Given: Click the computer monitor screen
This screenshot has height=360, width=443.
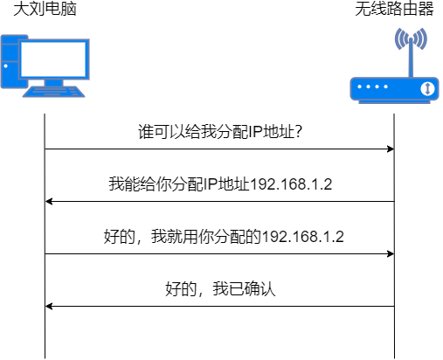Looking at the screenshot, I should coord(53,59).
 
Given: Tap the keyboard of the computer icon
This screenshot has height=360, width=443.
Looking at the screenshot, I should coord(55,91).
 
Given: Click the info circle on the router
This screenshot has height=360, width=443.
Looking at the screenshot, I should coord(427,89).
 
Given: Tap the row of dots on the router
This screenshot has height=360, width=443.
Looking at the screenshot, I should coord(375,88).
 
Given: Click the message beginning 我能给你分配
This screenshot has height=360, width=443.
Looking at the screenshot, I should coord(222,184).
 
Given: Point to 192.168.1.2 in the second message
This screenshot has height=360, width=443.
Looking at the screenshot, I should coord(294,184).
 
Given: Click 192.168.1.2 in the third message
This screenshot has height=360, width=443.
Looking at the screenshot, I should coord(302,236).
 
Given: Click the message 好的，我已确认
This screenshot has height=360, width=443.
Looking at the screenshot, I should coord(221,289).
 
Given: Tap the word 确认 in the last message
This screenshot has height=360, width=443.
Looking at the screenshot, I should coord(261,289).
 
